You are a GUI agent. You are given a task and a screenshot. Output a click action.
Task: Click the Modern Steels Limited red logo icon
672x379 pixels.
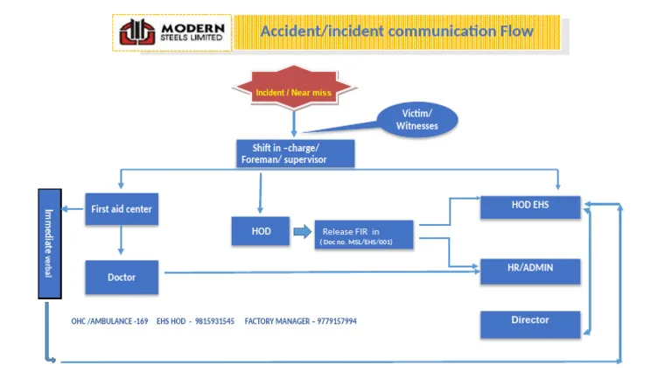point(137,32)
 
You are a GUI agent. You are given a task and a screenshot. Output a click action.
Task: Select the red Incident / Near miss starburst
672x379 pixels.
point(294,88)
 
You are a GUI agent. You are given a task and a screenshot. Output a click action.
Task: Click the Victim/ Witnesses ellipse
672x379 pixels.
point(416,120)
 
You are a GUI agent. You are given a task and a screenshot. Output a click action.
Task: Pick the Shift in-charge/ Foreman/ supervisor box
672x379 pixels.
point(295,153)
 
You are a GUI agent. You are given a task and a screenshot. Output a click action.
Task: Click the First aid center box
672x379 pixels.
point(122,209)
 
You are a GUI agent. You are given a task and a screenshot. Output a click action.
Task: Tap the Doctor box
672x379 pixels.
point(122,277)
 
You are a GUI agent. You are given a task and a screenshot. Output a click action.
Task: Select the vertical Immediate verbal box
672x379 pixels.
point(50,243)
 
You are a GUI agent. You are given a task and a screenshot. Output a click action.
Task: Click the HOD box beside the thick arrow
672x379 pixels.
point(261,231)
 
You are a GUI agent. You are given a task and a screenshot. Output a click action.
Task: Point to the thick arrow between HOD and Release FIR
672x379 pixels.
point(303,232)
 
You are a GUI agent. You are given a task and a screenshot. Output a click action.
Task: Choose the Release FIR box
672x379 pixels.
point(364,235)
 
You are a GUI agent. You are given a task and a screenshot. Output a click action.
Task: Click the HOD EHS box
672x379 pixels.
point(530,207)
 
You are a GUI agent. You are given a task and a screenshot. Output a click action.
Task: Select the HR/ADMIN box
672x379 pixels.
point(530,271)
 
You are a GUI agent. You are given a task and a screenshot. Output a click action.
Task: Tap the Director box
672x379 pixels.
point(530,325)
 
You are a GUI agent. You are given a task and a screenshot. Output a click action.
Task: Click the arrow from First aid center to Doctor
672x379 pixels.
point(121,240)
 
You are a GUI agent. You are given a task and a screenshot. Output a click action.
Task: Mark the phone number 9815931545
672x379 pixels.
point(214,321)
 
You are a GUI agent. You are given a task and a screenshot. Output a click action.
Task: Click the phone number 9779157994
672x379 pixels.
point(337,321)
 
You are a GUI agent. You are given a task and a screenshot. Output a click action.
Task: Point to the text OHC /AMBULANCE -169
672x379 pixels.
point(109,321)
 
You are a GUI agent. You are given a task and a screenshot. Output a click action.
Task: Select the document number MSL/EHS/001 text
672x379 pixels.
point(369,242)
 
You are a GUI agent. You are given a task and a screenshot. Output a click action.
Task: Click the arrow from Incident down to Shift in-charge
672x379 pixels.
point(294,124)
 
